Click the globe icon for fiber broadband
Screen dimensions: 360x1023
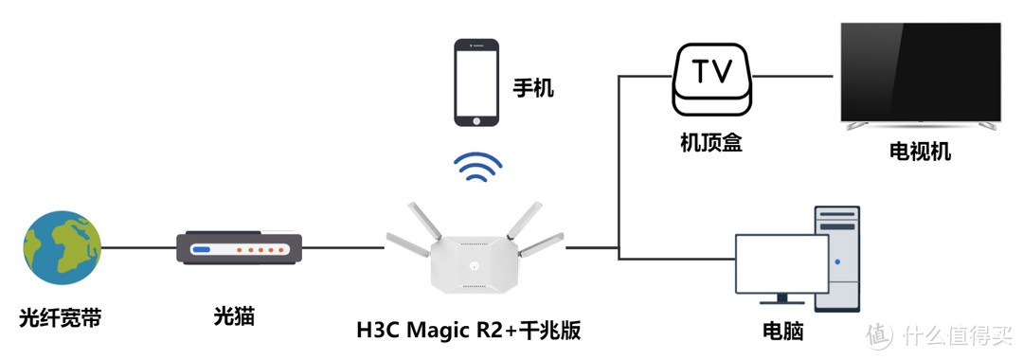[61, 248]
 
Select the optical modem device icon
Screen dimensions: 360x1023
[239, 248]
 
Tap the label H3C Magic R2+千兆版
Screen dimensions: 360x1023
[469, 331]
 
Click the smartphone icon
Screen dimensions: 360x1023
[476, 81]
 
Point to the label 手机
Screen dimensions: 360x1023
[533, 89]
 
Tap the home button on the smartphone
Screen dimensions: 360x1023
[476, 119]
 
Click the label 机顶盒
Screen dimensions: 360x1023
[711, 144]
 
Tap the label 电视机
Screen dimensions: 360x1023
[920, 152]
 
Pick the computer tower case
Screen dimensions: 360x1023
[837, 258]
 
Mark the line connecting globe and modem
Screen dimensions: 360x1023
[138, 248]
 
